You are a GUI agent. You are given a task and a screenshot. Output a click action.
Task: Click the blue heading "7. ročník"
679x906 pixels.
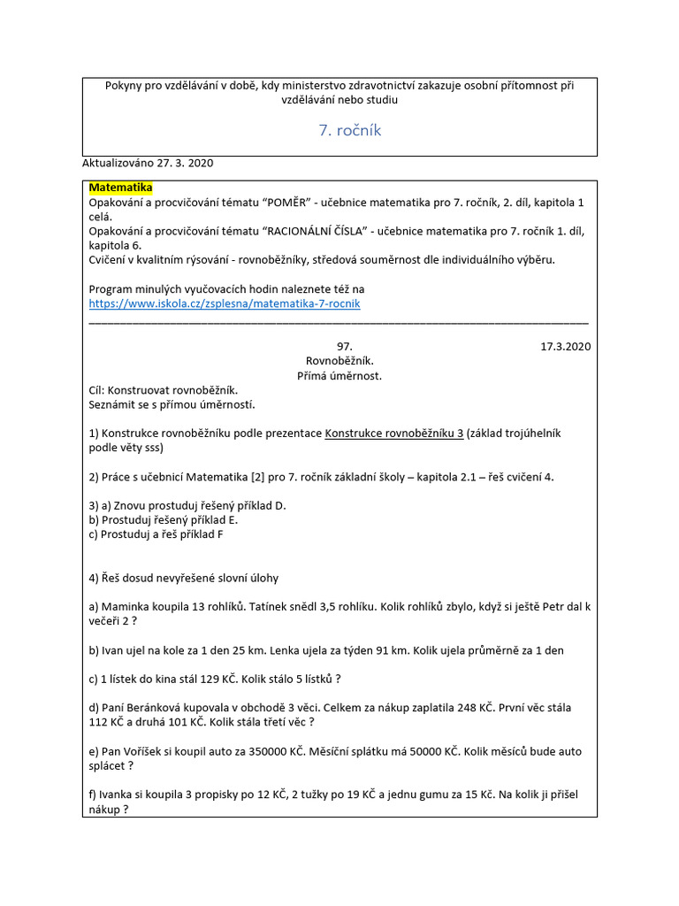(349, 130)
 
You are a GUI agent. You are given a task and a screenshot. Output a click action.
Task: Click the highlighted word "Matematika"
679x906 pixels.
(121, 188)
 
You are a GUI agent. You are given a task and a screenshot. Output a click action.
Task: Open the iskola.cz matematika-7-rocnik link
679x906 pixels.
(225, 303)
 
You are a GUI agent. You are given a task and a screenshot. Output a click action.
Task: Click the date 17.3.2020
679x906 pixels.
(565, 347)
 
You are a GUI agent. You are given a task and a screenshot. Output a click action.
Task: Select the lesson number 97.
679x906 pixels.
(345, 347)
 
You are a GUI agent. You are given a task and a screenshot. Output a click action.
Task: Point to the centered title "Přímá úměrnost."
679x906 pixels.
(339, 375)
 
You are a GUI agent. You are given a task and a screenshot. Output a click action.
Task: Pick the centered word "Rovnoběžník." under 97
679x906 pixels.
(339, 361)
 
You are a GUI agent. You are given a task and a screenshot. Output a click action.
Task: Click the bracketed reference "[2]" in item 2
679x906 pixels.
(252, 477)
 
